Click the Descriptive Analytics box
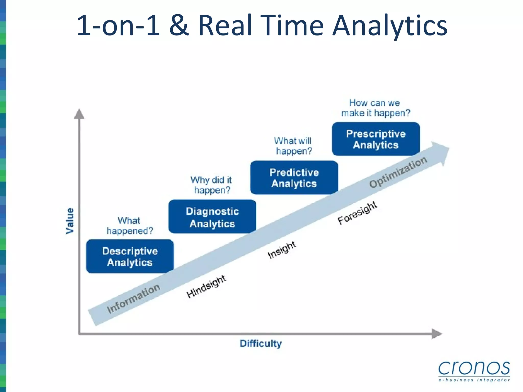click(130, 256)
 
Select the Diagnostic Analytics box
click(212, 217)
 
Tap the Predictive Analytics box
click(294, 178)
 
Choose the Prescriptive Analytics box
click(376, 139)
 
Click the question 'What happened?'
click(129, 226)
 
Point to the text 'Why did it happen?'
click(211, 185)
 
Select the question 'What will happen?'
click(293, 146)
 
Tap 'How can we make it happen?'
click(375, 108)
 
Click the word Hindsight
click(206, 286)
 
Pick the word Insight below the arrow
click(282, 250)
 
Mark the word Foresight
click(357, 213)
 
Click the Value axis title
click(70, 221)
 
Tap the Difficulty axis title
click(260, 344)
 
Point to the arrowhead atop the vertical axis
click(79, 114)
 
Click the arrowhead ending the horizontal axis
click(436, 334)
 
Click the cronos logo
click(474, 371)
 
